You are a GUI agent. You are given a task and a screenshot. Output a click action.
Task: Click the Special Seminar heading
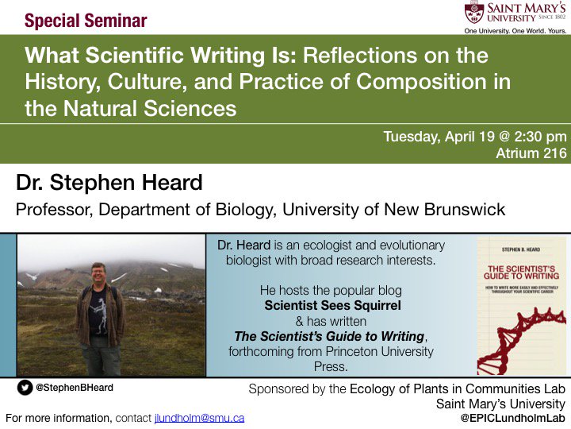86,20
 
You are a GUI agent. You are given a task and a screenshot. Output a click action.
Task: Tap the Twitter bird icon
26,388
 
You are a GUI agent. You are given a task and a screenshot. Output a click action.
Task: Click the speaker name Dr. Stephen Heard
109,184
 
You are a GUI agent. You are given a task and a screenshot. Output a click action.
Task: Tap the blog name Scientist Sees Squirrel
331,306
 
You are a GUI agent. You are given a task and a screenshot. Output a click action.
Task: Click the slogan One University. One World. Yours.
516,31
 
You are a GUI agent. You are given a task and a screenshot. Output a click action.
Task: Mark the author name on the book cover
519,249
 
